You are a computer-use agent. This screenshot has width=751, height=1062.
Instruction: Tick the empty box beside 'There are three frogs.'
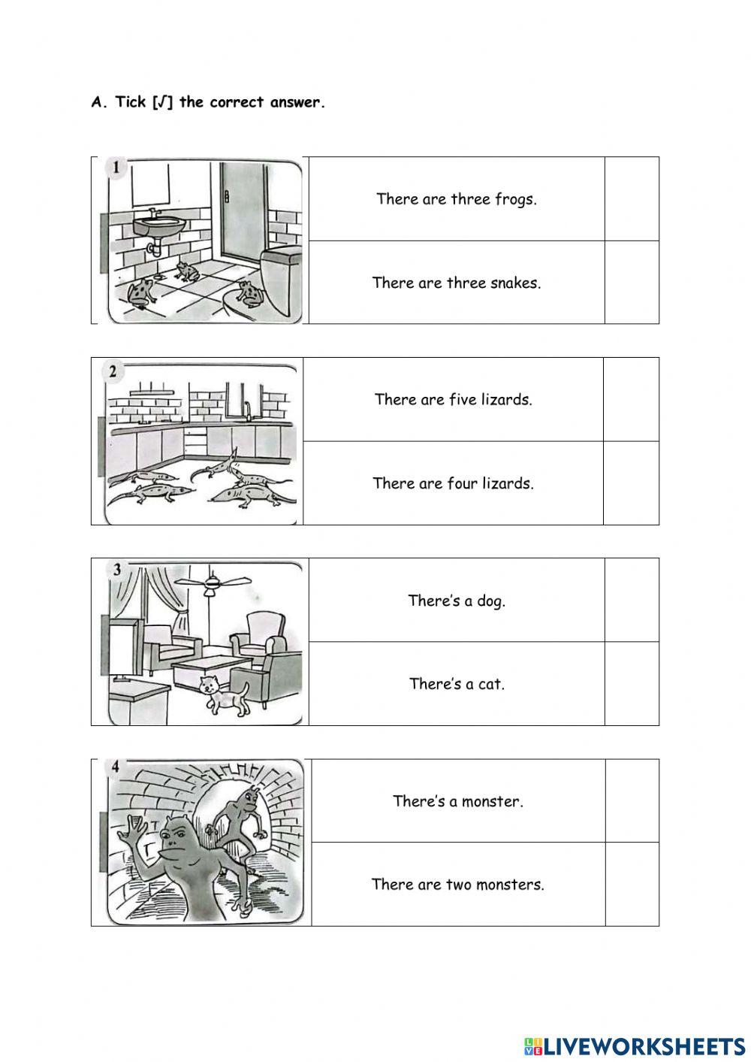[x=632, y=199]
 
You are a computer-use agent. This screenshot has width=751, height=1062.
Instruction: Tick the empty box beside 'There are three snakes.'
[x=632, y=283]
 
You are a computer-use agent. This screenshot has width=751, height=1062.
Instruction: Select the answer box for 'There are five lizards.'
[x=631, y=399]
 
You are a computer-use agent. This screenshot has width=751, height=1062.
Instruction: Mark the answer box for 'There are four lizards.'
[x=631, y=483]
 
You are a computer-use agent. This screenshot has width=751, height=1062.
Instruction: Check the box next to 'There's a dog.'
[x=632, y=600]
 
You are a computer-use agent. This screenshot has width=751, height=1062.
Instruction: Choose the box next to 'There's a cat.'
[x=632, y=683]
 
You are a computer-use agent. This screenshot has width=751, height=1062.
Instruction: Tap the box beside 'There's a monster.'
[x=632, y=800]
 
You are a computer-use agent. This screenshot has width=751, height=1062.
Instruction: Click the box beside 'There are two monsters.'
[x=632, y=884]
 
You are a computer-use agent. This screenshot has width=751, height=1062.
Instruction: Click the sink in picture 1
[x=159, y=223]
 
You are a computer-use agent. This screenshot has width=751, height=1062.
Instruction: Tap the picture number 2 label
[x=113, y=371]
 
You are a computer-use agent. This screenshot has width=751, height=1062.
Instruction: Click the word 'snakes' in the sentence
[x=514, y=283]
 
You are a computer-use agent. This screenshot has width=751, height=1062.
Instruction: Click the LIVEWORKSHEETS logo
[x=634, y=1045]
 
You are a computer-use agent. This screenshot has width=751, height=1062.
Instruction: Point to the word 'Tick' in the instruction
[x=131, y=103]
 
